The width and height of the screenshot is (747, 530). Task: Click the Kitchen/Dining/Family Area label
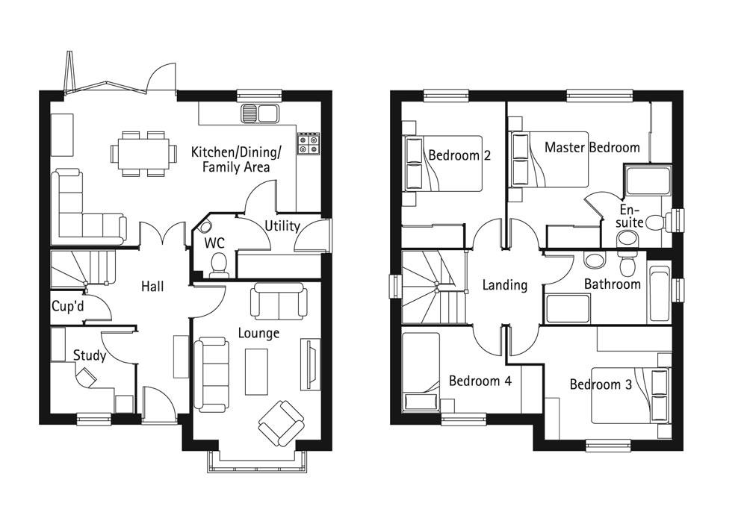coord(236,160)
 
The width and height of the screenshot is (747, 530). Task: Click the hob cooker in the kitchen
coord(308,143)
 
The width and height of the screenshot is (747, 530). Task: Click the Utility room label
coord(282,225)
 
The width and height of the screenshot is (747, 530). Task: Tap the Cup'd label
coord(66,306)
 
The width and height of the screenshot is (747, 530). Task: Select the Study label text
coord(90,355)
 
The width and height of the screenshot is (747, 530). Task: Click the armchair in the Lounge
coord(281,423)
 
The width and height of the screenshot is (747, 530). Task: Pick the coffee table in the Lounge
coord(256,371)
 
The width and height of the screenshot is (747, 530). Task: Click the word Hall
coord(152,286)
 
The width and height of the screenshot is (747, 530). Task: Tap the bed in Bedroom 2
coord(443,163)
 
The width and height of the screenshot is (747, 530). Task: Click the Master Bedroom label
coord(592,147)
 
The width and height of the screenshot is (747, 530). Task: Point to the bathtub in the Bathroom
coord(658,293)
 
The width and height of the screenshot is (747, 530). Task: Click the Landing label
coord(504,284)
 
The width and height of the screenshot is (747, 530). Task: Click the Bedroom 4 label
coord(480,381)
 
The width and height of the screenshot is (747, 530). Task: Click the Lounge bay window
coord(253,462)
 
